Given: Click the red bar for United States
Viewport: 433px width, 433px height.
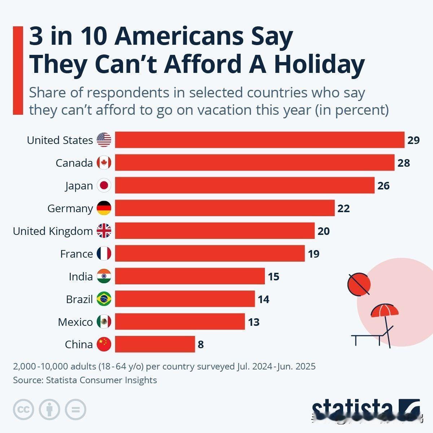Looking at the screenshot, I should click(x=259, y=140).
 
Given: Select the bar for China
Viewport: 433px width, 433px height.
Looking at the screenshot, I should click(x=155, y=344).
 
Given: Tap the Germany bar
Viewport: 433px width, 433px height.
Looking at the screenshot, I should click(x=224, y=208).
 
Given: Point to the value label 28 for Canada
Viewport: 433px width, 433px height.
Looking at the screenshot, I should click(x=404, y=163).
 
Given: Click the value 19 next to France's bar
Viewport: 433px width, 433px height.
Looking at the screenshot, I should click(x=314, y=254).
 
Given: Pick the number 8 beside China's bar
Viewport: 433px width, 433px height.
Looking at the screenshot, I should click(x=201, y=345).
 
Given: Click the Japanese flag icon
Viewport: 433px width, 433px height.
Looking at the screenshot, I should click(x=104, y=185).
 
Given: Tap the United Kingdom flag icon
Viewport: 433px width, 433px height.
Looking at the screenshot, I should click(x=104, y=231).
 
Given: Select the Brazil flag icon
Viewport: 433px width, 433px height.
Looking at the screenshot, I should click(x=104, y=299).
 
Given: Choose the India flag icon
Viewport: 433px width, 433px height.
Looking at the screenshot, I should click(x=104, y=276).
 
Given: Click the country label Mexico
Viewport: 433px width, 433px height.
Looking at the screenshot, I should click(x=75, y=322).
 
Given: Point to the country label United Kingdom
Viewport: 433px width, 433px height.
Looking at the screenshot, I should click(x=53, y=231).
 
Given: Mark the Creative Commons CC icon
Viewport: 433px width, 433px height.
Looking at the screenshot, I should click(x=23, y=410).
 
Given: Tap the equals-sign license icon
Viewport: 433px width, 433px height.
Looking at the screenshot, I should click(x=75, y=410).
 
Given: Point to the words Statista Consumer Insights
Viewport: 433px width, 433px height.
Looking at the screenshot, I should click(x=101, y=380).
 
